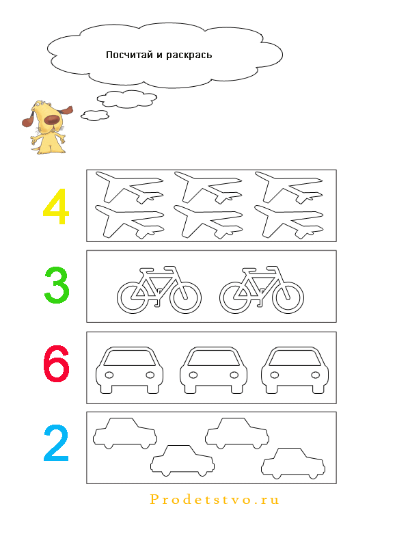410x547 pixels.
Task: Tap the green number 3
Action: (x=57, y=284)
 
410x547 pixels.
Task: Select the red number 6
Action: (x=56, y=364)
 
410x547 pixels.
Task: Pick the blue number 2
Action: (x=56, y=443)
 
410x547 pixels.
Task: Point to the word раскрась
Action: (x=189, y=55)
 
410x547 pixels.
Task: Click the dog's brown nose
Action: (x=52, y=120)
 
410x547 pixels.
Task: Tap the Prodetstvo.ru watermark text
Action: (x=215, y=500)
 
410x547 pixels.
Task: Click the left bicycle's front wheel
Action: (x=185, y=297)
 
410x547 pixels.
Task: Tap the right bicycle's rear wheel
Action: (x=235, y=297)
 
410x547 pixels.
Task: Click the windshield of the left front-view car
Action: (x=130, y=358)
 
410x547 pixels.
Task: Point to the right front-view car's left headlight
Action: (x=275, y=375)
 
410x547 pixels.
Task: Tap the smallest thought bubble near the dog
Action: (x=95, y=115)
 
